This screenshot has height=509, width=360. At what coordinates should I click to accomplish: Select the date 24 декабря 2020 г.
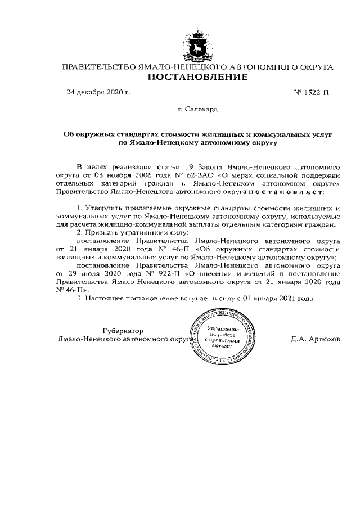click(98, 92)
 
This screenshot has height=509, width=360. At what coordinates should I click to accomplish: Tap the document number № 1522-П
click(312, 92)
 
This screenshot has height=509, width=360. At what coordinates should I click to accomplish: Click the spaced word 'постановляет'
click(285, 192)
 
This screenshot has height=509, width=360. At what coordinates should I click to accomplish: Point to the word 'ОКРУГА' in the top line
click(316, 67)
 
